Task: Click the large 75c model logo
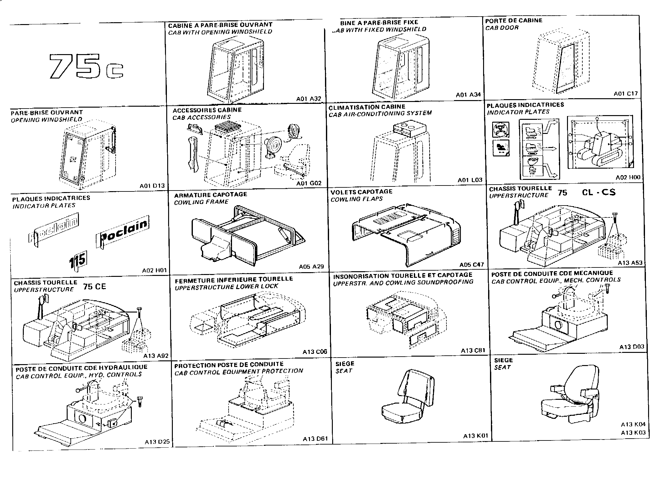point(86,66)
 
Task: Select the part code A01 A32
point(308,99)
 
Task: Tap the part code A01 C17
point(625,94)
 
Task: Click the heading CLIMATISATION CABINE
point(367,107)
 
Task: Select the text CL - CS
point(599,192)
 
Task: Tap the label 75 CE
point(95,287)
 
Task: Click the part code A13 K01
point(475,436)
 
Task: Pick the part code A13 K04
point(633,425)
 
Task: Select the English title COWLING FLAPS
point(356,199)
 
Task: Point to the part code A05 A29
point(311,267)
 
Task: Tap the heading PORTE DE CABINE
point(513,21)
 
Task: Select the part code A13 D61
point(315,439)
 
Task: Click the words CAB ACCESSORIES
point(201,117)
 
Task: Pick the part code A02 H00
point(628,177)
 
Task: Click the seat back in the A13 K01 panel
point(416,386)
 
